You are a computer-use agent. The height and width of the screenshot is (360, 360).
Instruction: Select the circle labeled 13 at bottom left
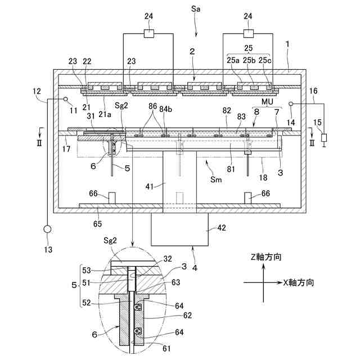(47, 230)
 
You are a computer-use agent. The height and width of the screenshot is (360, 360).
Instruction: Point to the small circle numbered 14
(291, 104)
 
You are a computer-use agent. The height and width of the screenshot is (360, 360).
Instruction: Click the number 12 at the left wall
(37, 91)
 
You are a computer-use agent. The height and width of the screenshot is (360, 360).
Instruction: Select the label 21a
(105, 114)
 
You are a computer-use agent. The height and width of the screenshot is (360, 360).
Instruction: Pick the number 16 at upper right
(314, 91)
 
